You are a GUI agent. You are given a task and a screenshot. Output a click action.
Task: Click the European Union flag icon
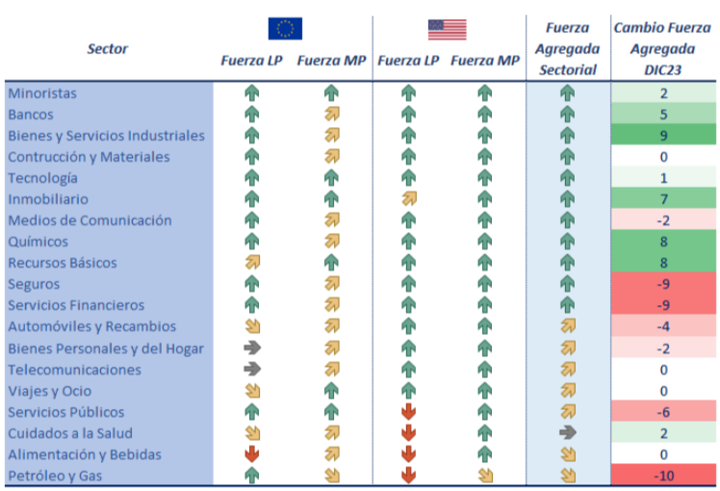tap(285, 29)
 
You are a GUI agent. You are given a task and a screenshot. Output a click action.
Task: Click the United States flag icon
tap(447, 29)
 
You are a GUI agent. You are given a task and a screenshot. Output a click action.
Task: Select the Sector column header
tap(107, 48)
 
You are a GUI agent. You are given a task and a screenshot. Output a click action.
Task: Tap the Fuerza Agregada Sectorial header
tap(568, 48)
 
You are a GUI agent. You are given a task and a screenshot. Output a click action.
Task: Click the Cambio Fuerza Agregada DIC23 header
tap(663, 48)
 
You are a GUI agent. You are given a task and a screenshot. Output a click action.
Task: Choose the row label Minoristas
tap(42, 93)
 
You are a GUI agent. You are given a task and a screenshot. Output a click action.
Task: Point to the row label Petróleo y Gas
tap(55, 476)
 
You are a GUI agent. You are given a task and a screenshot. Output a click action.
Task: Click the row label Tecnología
tap(42, 178)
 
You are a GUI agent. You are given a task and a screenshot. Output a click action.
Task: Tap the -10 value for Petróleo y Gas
tap(663, 476)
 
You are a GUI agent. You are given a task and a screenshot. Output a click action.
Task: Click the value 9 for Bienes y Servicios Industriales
tap(663, 136)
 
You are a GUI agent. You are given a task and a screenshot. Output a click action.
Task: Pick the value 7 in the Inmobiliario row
tap(663, 199)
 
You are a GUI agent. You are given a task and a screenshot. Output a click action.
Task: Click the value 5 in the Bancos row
tap(663, 115)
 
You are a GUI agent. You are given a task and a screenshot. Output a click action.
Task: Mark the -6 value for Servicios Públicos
tap(663, 412)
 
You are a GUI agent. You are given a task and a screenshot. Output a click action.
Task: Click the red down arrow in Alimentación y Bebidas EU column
tap(252, 454)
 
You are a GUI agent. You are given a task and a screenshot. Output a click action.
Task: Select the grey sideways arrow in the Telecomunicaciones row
tap(252, 369)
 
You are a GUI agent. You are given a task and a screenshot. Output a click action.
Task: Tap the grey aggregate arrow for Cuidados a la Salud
tap(567, 433)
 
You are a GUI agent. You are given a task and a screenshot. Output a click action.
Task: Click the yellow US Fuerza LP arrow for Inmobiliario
tap(408, 199)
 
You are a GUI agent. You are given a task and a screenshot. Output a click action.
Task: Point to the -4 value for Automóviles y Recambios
tap(663, 326)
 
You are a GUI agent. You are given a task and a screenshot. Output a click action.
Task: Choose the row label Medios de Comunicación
tap(90, 220)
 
